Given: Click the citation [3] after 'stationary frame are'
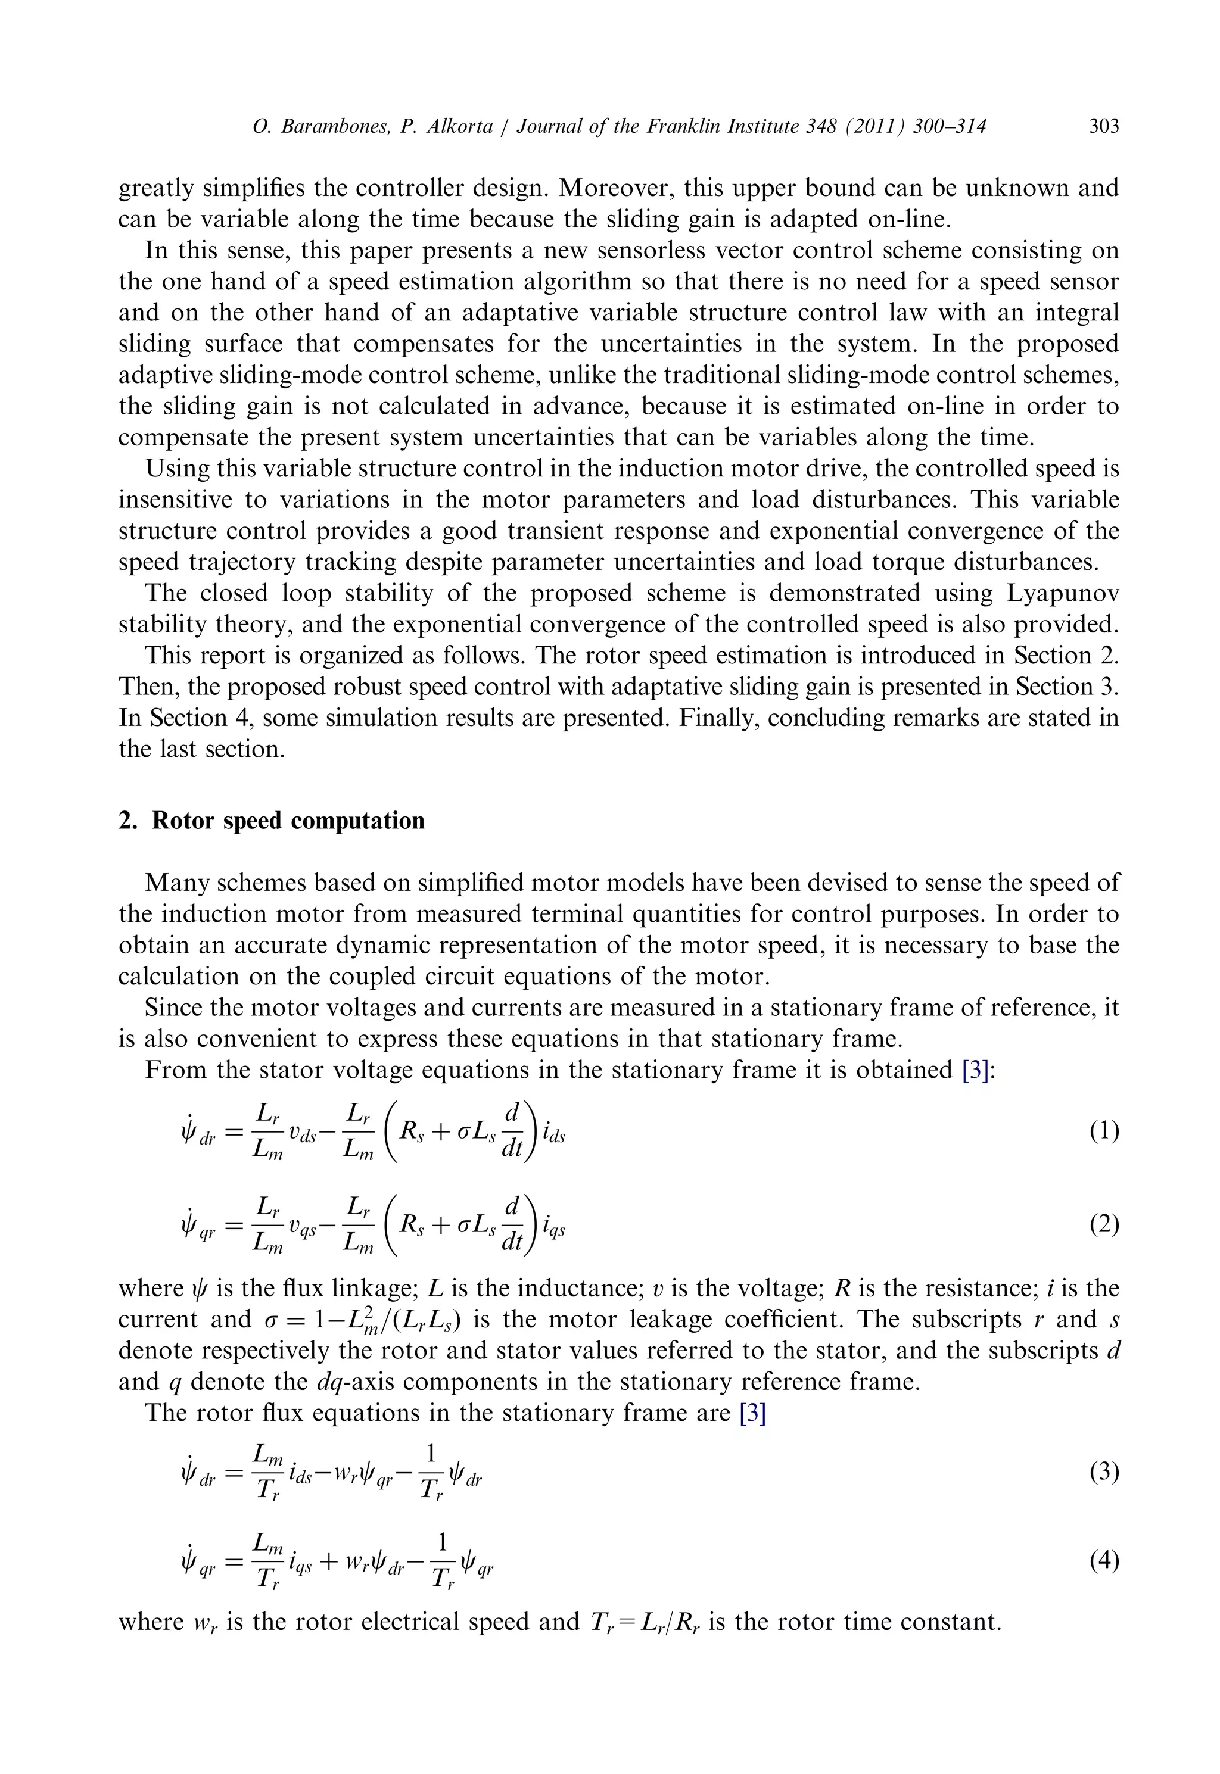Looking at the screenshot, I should [x=753, y=1413].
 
